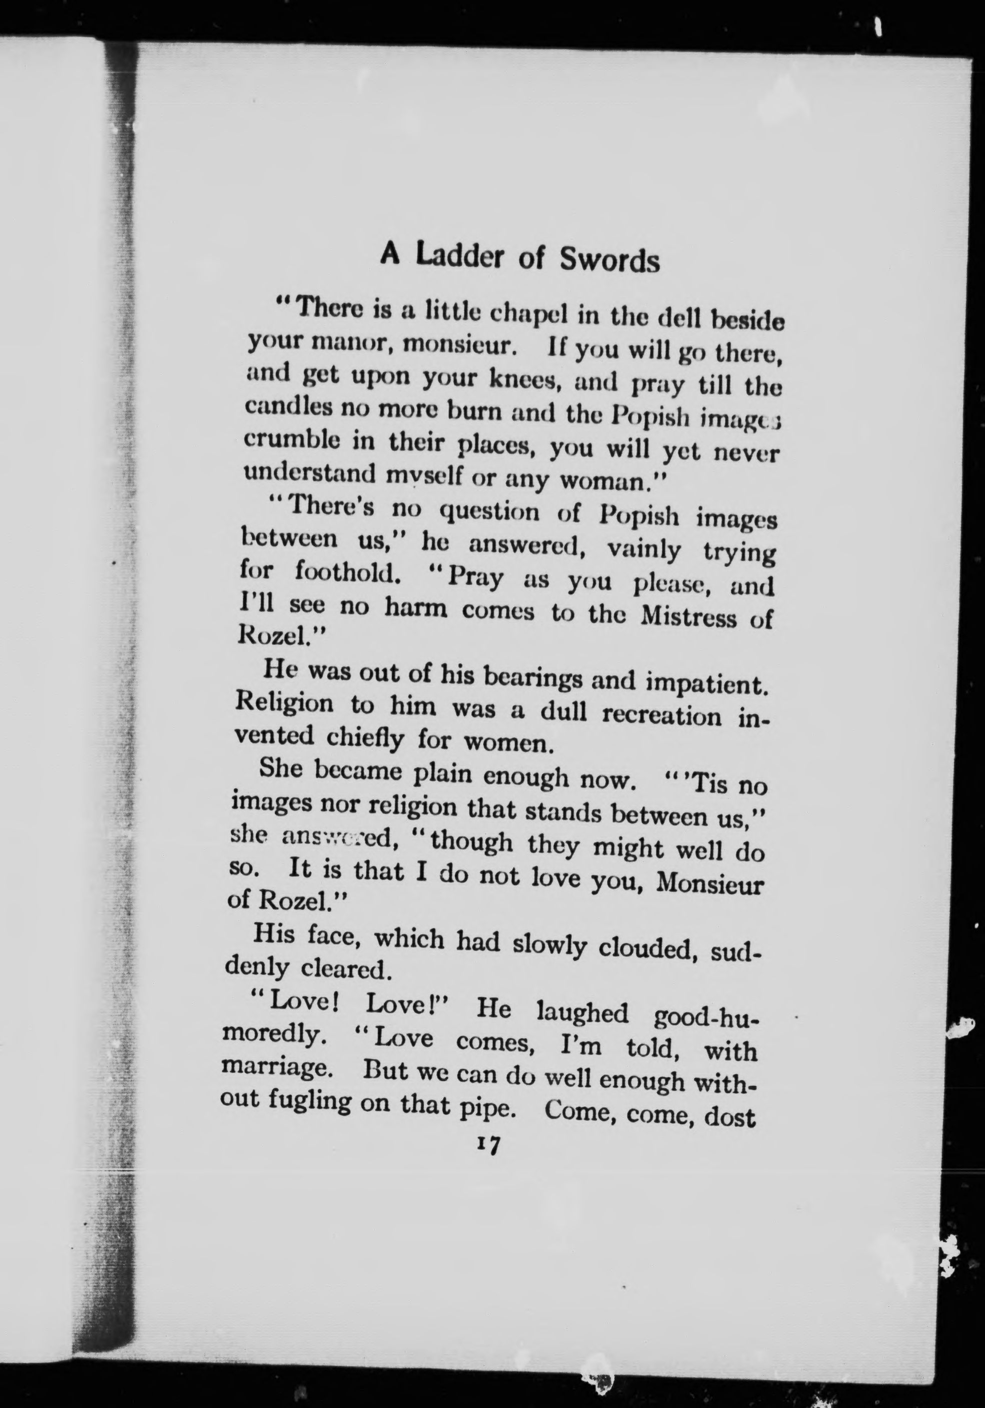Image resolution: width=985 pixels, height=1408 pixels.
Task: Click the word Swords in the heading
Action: (x=610, y=259)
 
